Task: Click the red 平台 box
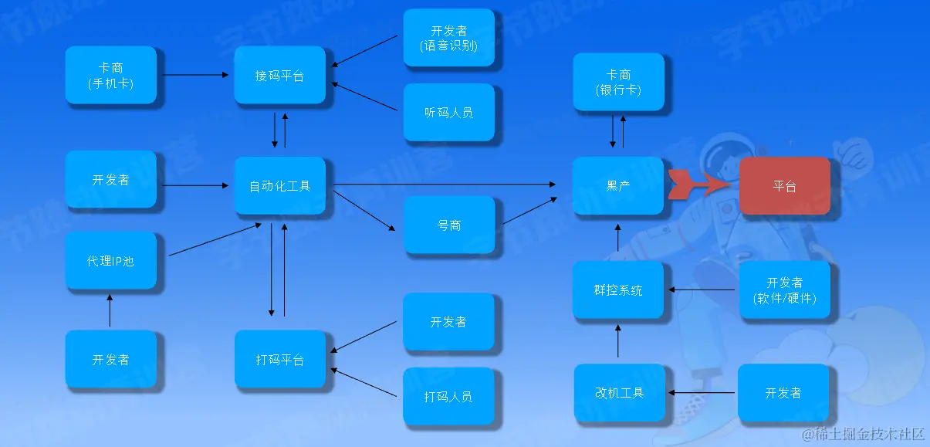[x=784, y=186]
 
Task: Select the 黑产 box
[x=618, y=186]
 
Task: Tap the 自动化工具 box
[x=279, y=186]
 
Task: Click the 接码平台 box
[x=279, y=76]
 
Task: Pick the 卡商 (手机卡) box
[x=110, y=76]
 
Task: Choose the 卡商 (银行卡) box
[x=618, y=82]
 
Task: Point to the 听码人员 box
[x=448, y=113]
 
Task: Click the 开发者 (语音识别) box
[x=448, y=38]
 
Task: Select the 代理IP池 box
[x=110, y=261]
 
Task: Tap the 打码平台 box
[x=279, y=360]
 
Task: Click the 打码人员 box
[x=448, y=397]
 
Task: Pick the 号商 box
[x=448, y=225]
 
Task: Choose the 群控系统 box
[x=618, y=290]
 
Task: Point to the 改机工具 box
[x=619, y=392]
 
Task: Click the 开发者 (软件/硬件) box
[x=784, y=290]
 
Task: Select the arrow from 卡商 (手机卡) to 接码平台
[x=195, y=75]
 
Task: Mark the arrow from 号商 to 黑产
[x=528, y=212]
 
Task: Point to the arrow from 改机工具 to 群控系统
[x=618, y=340]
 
